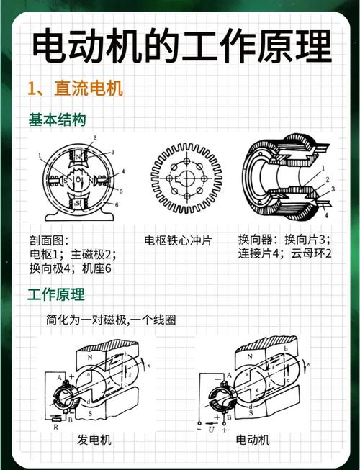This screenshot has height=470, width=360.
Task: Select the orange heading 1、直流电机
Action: pos(75,89)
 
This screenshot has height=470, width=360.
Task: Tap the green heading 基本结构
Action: pos(57,119)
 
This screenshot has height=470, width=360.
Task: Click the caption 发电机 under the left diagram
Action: pos(94,439)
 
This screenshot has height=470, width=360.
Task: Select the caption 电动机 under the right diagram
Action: pos(252,439)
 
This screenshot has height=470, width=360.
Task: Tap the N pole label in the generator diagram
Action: pos(89,356)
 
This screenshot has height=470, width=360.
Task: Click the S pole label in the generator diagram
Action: pos(90,414)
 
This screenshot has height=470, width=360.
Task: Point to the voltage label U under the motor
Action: pos(210,430)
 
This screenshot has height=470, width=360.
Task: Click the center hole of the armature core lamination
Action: pos(186,177)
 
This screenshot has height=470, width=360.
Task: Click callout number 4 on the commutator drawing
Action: pos(326,214)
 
